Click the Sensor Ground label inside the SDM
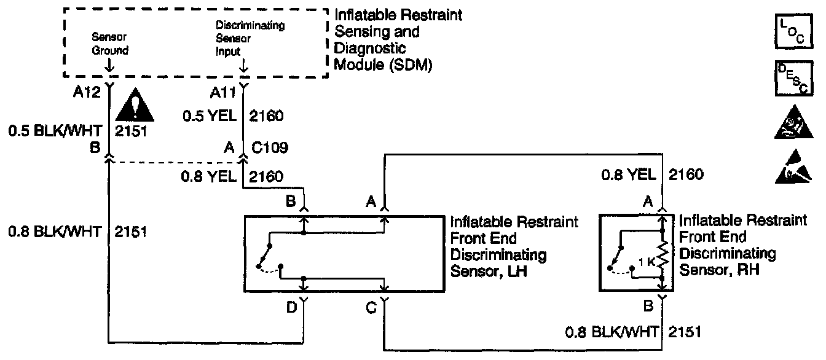point(110,45)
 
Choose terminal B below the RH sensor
point(648,303)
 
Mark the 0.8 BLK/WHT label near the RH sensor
point(612,332)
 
